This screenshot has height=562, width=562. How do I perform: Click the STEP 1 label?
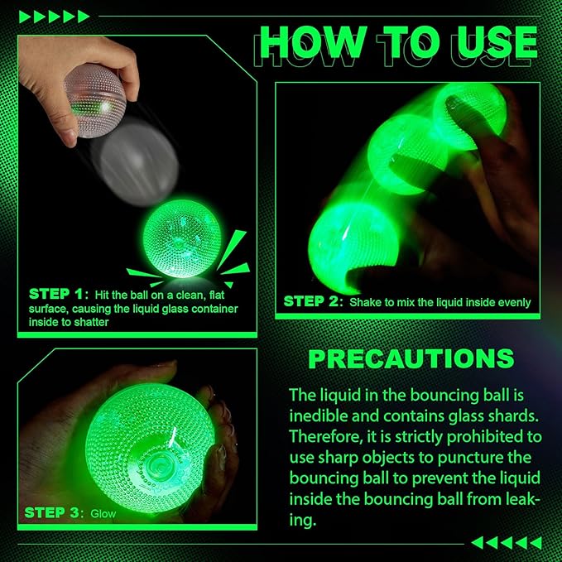59,295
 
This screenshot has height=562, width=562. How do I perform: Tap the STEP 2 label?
313,301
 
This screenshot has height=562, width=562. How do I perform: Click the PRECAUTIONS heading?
411,358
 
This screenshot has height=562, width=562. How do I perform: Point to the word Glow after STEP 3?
103,514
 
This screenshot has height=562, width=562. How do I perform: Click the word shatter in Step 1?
91,322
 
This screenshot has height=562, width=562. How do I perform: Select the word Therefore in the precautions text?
324,436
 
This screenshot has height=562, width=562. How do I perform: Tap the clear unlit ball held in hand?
95,102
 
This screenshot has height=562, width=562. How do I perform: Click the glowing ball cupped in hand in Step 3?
150,447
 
